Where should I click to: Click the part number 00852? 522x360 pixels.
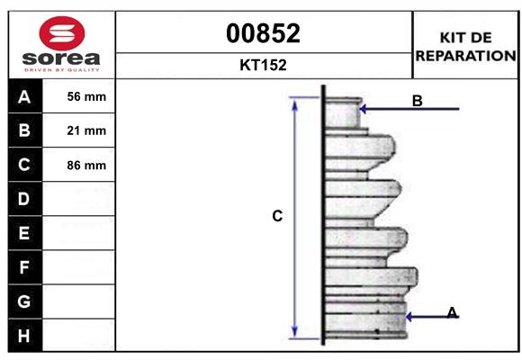pos(264,33)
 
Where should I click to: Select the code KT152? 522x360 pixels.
pos(264,65)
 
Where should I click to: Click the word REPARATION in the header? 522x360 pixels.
pos(466,55)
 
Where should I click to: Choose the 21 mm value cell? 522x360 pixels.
pos(86,131)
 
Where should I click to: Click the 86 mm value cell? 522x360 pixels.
pos(86,166)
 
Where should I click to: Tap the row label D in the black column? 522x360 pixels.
pos(24,199)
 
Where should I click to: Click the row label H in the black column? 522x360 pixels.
pos(24,335)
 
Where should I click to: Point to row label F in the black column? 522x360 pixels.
pos(24,267)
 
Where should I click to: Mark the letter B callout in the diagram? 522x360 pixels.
pos(417,101)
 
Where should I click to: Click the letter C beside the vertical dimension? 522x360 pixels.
pos(277,216)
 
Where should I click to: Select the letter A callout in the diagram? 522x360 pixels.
pos(452,312)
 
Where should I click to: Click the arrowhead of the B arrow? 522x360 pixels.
pos(363,110)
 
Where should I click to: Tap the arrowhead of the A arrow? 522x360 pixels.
pos(409,317)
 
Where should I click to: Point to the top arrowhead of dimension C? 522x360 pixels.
pos(294,102)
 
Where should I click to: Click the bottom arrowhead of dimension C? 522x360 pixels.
pos(294,331)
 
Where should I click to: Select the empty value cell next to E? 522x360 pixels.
pos(86,233)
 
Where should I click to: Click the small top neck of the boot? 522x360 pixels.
pos(342,112)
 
